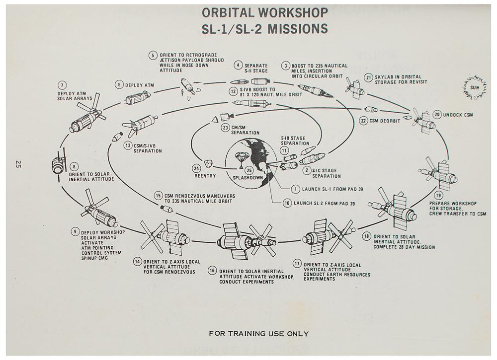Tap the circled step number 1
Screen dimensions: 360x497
click(295, 189)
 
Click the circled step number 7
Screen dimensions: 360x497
click(63, 85)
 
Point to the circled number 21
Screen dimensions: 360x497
click(368, 77)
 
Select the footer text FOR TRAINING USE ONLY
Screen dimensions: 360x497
click(258, 334)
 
